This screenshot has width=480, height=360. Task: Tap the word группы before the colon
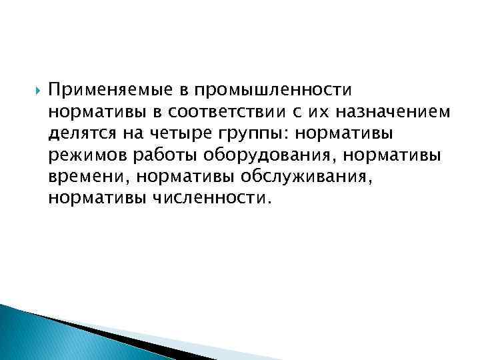(x=247, y=133)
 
